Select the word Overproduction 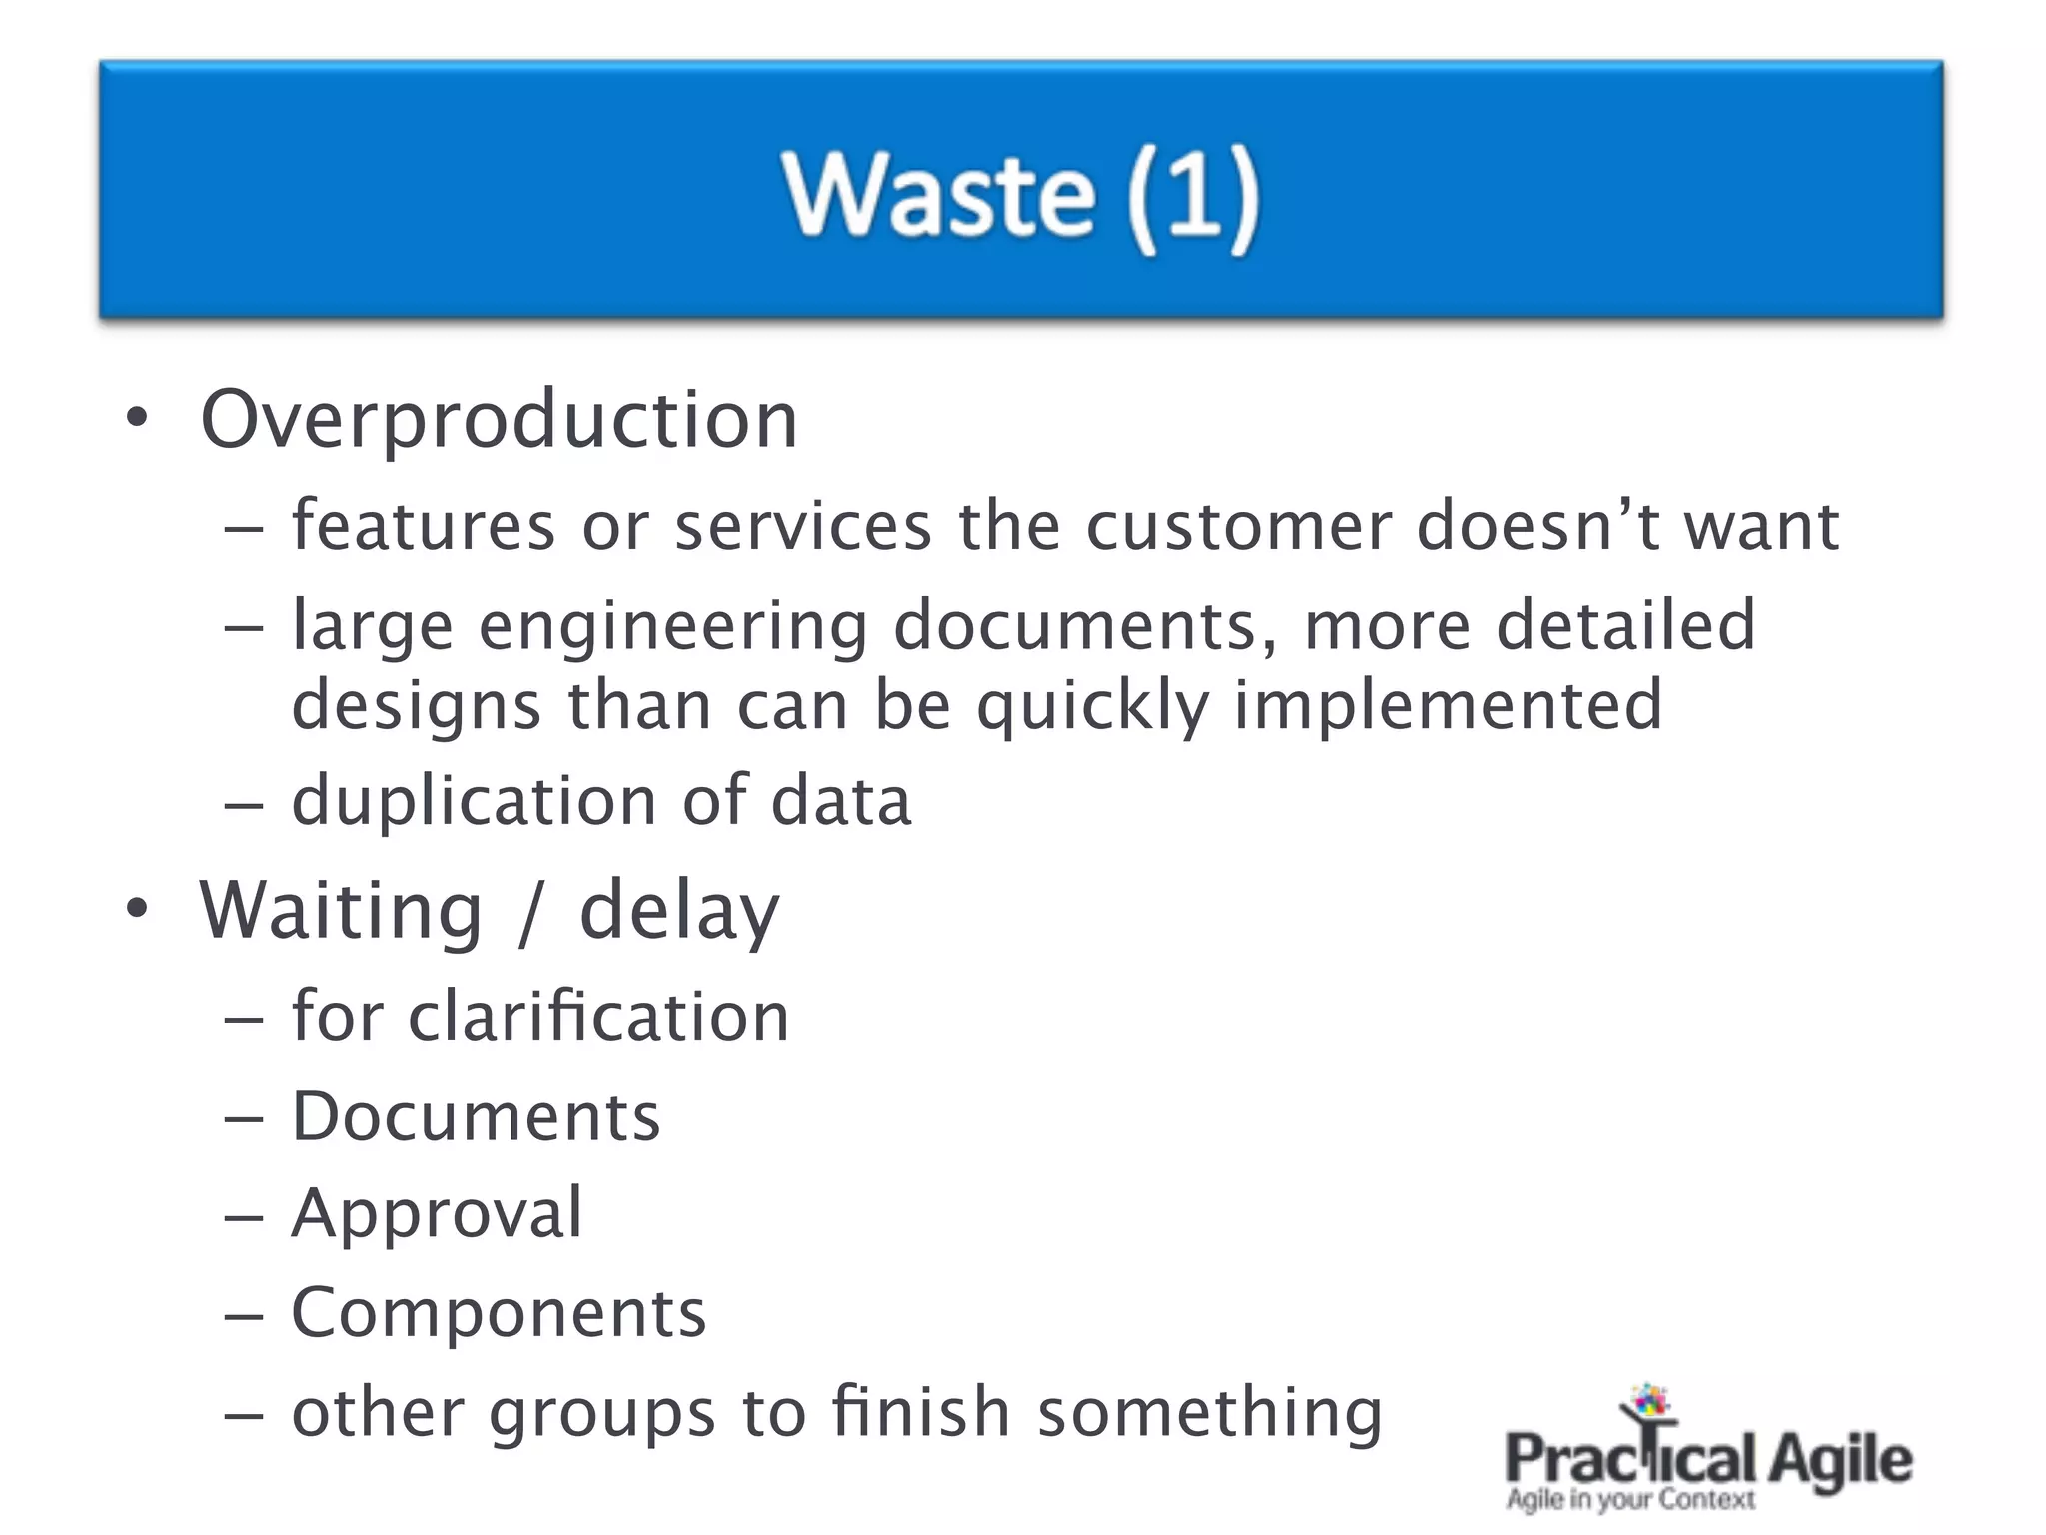tap(499, 420)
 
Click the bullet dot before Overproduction tap(137, 418)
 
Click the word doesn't tap(1538, 526)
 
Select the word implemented tap(1448, 706)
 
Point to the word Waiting tap(341, 911)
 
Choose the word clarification tap(598, 1017)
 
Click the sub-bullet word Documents tap(476, 1116)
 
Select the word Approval tap(437, 1214)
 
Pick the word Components tap(499, 1313)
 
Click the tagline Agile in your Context tap(1629, 1500)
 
